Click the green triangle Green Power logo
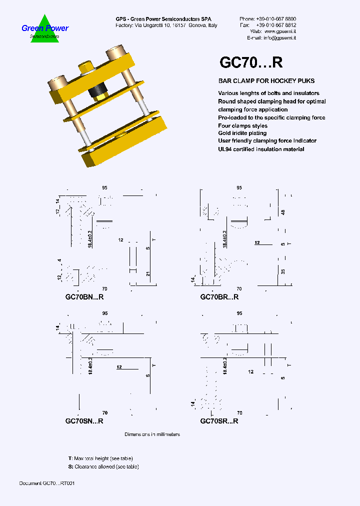[45, 29]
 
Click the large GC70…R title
[251, 62]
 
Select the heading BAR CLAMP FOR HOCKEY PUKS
[266, 81]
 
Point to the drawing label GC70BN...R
[84, 297]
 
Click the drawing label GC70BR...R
[219, 297]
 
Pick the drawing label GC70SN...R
[84, 421]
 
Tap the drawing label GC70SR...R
[219, 421]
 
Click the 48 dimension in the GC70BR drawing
[283, 212]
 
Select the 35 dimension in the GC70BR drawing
[283, 272]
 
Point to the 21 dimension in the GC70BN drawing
[148, 273]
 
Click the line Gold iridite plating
[242, 133]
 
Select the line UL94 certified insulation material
[261, 149]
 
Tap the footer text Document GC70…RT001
[47, 483]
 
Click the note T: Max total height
[100, 458]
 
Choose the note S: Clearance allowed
[103, 466]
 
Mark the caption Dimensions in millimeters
[152, 434]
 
